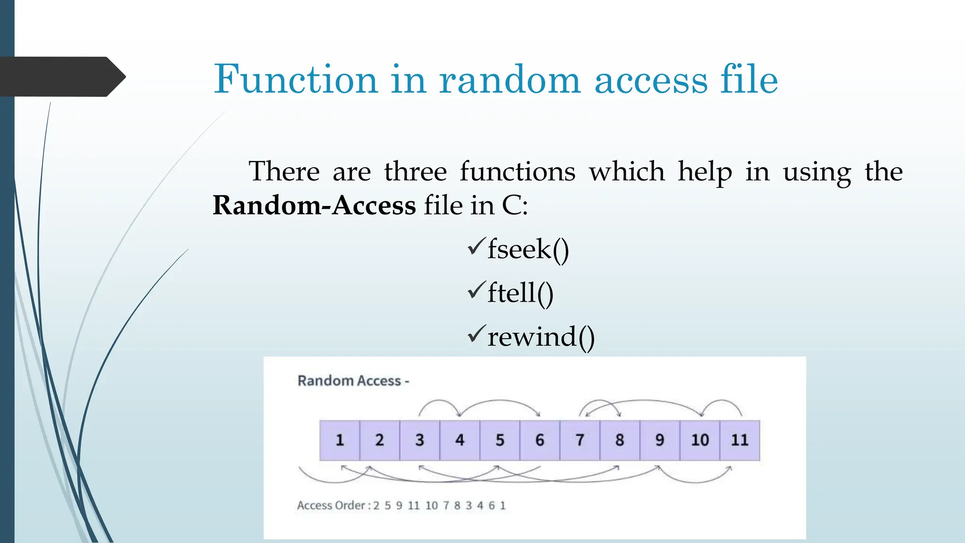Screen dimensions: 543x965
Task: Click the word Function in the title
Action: pos(295,79)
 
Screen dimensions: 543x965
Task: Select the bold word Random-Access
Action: pos(314,206)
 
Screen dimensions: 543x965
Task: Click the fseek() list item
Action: pos(528,249)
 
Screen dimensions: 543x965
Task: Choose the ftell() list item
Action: pos(520,293)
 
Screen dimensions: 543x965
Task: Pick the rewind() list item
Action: pos(541,337)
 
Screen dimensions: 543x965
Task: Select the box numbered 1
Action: pos(340,440)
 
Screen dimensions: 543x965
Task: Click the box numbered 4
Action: pos(460,440)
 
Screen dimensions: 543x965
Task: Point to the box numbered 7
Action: pos(580,440)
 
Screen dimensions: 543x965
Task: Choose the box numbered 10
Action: pos(700,440)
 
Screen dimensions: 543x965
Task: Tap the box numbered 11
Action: pos(740,440)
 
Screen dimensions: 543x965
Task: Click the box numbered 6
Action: pos(540,440)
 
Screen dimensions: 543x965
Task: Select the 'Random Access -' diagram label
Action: pos(353,381)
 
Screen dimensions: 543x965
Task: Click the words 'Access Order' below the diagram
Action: pos(331,506)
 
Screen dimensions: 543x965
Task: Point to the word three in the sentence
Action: pos(415,171)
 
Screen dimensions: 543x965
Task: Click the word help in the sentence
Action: pos(705,171)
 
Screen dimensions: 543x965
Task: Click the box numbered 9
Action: pos(660,440)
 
